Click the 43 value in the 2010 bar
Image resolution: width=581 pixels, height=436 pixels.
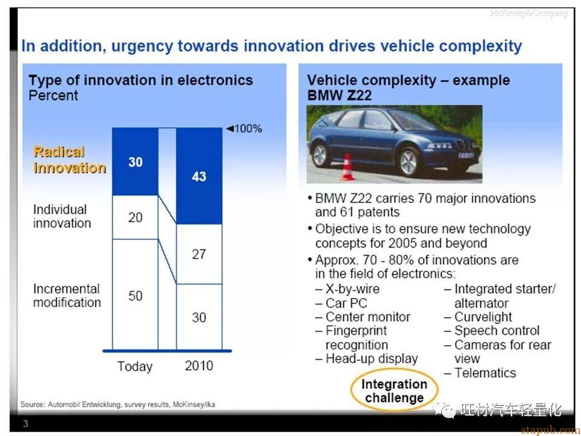coord(199,176)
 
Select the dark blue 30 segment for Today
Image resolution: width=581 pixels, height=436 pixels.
coord(135,162)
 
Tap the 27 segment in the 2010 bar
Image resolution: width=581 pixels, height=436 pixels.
coord(199,254)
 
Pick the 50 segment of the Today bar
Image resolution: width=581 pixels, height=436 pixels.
coord(135,294)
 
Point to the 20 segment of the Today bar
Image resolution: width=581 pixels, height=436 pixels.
coord(135,217)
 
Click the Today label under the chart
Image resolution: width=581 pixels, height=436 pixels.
coord(135,366)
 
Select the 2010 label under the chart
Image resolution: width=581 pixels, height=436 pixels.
coord(199,366)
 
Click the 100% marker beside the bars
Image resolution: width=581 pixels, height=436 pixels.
coord(244,128)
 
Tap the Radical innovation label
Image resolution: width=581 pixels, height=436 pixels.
coord(70,160)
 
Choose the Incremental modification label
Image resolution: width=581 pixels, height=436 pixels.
coord(67,296)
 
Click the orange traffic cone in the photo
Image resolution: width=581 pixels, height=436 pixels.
coord(347,167)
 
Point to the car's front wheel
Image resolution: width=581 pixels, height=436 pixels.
coord(409,162)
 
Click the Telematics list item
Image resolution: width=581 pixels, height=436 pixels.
coord(480,373)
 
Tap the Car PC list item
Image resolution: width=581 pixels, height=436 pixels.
coord(341,303)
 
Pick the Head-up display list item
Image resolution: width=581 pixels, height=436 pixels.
coord(367,359)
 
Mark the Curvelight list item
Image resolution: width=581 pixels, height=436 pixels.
coord(478,317)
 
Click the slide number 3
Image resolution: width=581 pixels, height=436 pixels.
coord(25,423)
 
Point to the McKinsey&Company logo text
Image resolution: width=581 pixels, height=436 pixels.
coord(528,14)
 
